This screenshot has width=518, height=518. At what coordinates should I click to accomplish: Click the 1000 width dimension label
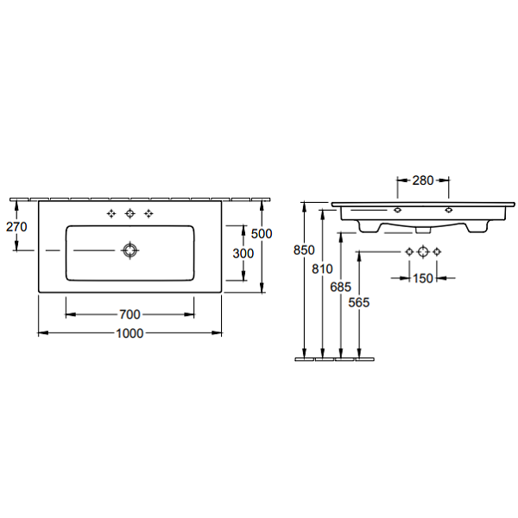129,333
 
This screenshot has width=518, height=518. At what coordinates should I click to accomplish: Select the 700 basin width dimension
129,314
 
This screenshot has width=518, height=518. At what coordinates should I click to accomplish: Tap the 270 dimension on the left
16,227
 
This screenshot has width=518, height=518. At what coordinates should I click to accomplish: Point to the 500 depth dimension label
262,234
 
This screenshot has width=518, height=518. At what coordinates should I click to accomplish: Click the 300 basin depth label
243,254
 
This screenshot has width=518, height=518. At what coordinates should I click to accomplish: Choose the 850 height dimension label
304,250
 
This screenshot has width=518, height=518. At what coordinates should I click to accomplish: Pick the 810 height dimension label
322,268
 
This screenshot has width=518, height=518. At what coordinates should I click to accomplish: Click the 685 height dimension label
341,287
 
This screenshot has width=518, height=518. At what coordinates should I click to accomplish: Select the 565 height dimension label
359,302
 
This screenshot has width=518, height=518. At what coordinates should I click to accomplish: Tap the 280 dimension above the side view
423,180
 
